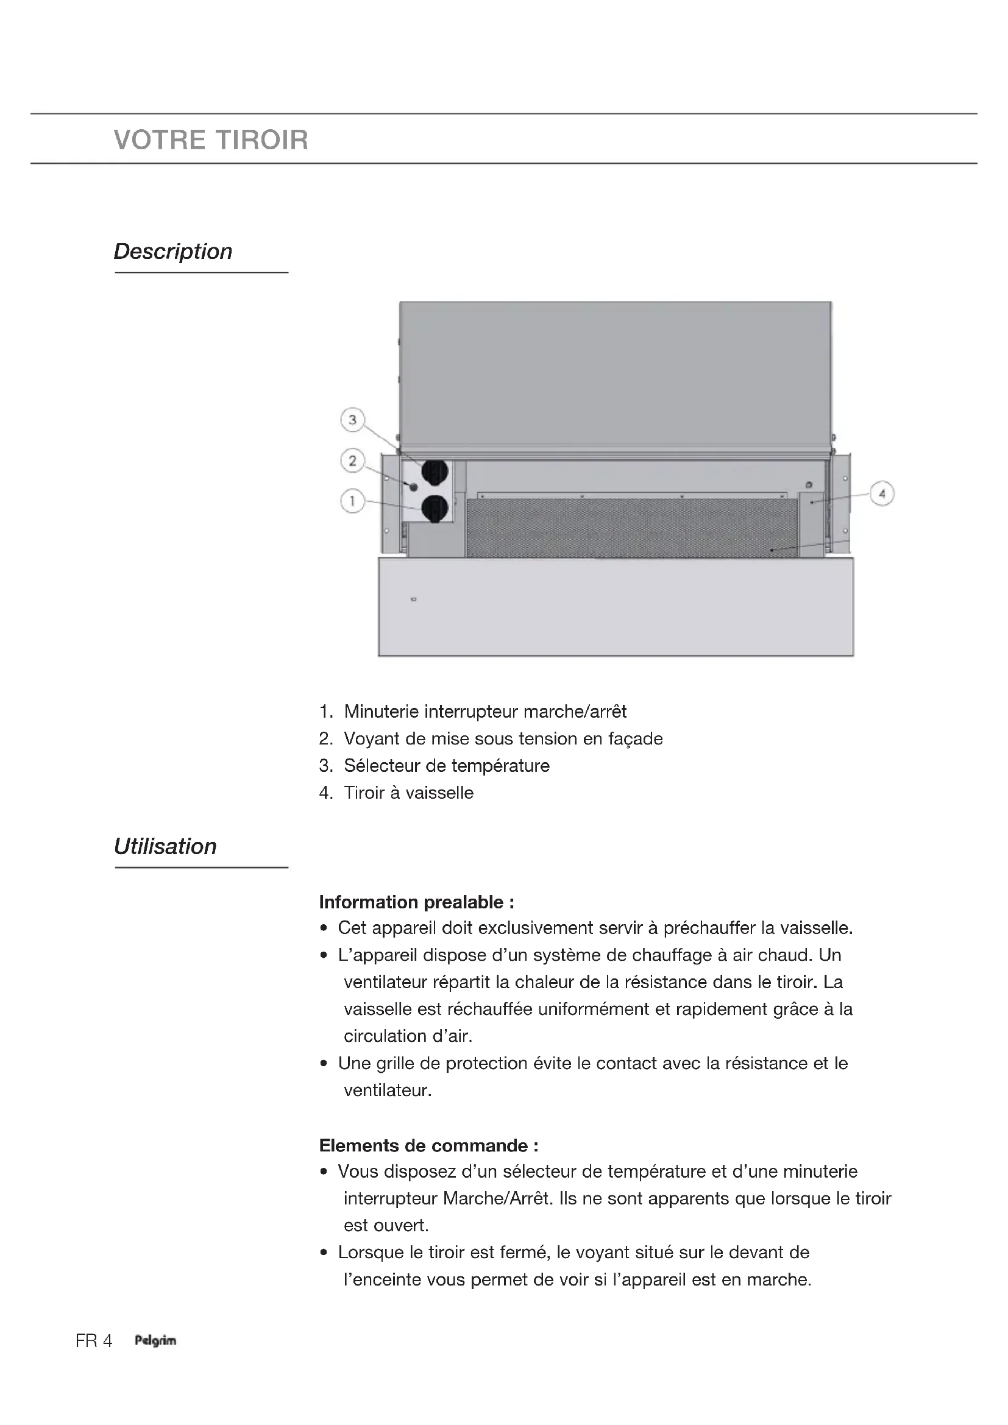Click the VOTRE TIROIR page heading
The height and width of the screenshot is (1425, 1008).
pos(211,140)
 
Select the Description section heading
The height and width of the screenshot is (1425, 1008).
pos(172,252)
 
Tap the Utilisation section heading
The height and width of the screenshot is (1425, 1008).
pos(165,847)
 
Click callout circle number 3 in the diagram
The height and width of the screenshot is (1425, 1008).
pos(352,420)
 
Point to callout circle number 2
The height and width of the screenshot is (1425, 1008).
pos(352,461)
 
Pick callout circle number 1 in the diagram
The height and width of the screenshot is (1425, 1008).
pos(352,501)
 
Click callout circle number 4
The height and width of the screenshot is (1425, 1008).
pos(882,494)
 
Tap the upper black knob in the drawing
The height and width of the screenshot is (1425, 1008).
pos(435,472)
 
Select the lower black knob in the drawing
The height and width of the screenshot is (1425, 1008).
pos(435,509)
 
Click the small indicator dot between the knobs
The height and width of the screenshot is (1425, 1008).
pos(414,487)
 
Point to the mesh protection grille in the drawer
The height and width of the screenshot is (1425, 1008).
pos(632,528)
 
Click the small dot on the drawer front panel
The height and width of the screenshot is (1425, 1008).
pos(414,599)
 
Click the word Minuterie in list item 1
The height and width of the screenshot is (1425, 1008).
pos(381,711)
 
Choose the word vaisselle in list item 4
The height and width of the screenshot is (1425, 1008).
pos(439,793)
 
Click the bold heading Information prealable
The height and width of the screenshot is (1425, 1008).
pos(416,902)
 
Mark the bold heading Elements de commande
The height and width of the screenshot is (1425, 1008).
pos(428,1145)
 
